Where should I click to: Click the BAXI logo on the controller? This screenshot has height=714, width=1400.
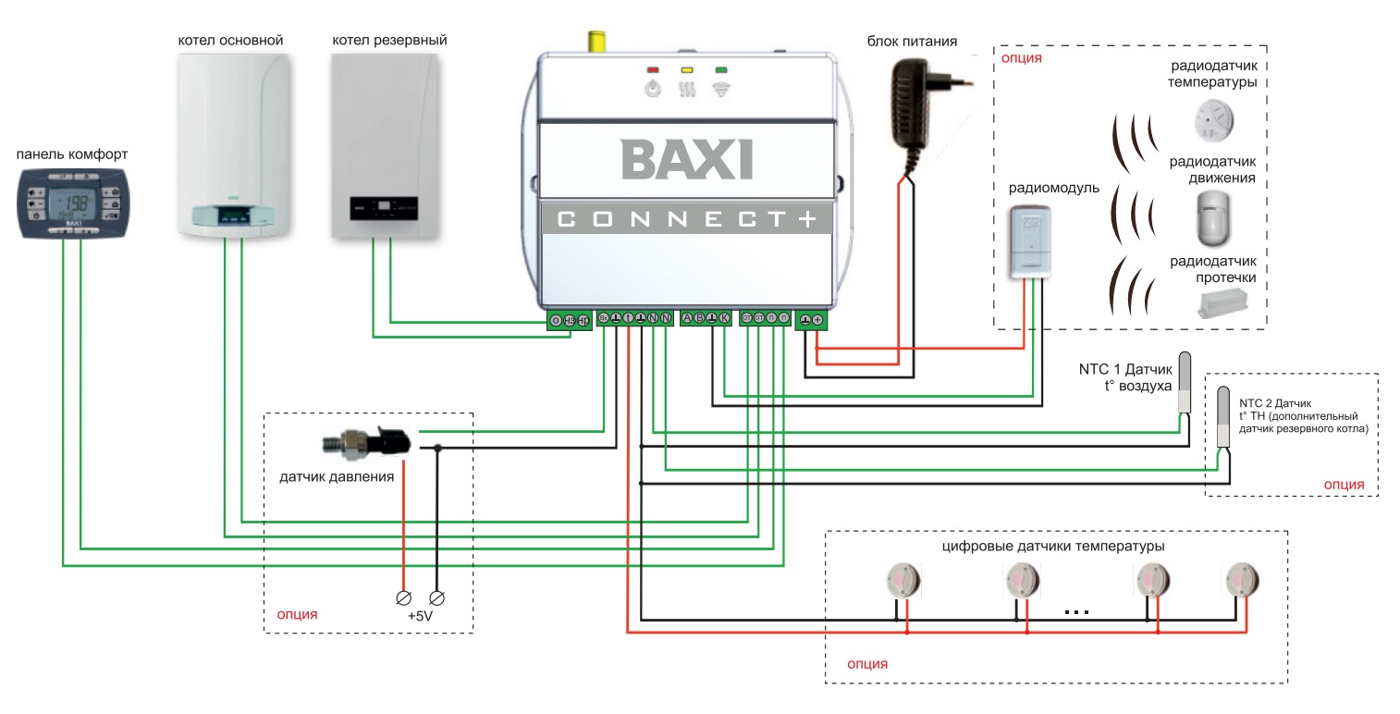pos(686,158)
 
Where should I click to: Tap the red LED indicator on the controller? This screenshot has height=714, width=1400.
pos(653,69)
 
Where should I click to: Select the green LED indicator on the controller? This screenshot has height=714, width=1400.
pos(719,69)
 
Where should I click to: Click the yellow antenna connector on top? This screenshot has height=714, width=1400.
pos(597,43)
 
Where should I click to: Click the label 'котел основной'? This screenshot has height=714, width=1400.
pos(230,41)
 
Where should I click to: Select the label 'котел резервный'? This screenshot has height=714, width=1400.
pos(389,41)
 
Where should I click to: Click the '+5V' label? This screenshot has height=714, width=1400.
pos(421,615)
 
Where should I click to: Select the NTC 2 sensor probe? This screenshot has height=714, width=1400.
pos(1223,417)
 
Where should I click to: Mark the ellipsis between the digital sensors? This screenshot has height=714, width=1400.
pos(1076,612)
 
